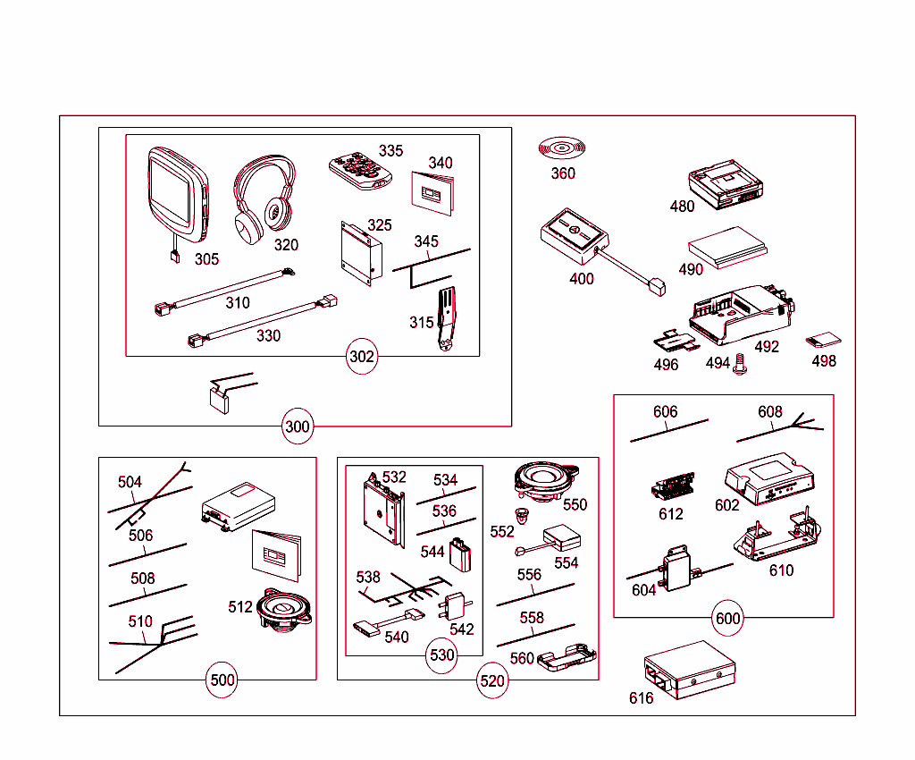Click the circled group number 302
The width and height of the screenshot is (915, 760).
pos(362,358)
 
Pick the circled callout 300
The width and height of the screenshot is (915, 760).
pos(298,426)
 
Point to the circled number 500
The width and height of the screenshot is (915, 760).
pos(222,680)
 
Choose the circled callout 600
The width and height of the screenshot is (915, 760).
pos(728,618)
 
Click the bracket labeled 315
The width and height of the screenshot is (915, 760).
pos(447,317)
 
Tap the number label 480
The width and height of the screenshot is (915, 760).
pos(682,207)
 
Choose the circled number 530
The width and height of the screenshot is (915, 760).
pos(442,655)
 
